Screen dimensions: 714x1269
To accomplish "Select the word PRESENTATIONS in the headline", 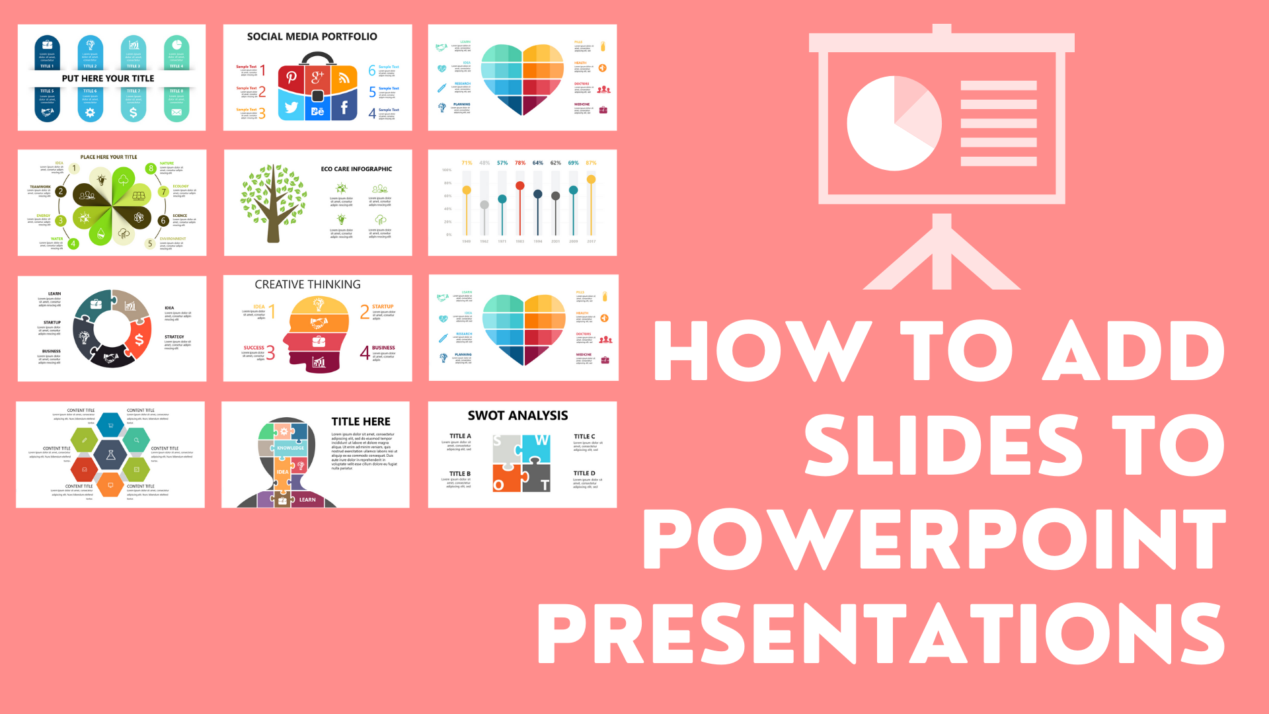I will [882, 633].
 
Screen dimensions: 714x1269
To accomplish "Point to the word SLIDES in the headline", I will [942, 446].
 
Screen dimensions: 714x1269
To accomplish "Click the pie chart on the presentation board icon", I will [894, 124].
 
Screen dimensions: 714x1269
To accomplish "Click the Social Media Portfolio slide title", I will [312, 37].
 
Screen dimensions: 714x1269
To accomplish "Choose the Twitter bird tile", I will [291, 108].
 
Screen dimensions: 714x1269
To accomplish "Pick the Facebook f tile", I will [344, 108].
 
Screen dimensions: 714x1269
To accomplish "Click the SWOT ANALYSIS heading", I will [518, 416].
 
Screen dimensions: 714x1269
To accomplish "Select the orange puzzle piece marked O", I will [506, 479].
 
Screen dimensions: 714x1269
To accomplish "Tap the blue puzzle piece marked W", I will [537, 448].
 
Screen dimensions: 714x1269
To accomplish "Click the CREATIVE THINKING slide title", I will [307, 285].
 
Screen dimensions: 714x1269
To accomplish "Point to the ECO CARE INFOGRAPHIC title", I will [356, 169].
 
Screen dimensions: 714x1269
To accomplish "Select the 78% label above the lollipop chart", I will [520, 163].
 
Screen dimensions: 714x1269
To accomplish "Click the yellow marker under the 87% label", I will [591, 179].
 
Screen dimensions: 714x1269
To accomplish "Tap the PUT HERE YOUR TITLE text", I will [108, 79].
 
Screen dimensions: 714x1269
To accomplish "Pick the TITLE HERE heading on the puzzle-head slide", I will [361, 422].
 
